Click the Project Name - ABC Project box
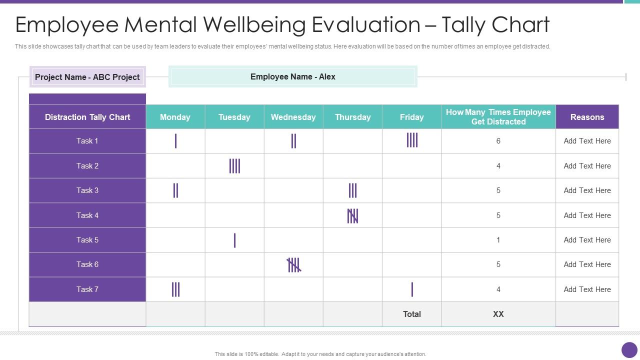point(87,77)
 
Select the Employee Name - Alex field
point(293,76)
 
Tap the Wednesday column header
point(293,117)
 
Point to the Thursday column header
point(352,117)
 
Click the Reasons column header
point(587,117)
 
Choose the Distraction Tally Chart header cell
point(87,117)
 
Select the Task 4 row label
point(87,215)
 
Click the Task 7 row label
point(87,289)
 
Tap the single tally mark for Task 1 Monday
point(175,141)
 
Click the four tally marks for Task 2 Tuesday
point(234,166)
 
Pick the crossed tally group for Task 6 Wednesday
point(294,265)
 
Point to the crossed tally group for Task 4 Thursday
point(352,215)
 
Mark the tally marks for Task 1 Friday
point(412,140)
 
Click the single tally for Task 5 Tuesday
point(234,240)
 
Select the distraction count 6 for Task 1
point(498,141)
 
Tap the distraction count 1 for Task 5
point(498,240)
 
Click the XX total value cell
point(498,314)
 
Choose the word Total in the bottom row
point(412,314)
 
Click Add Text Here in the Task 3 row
point(587,190)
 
